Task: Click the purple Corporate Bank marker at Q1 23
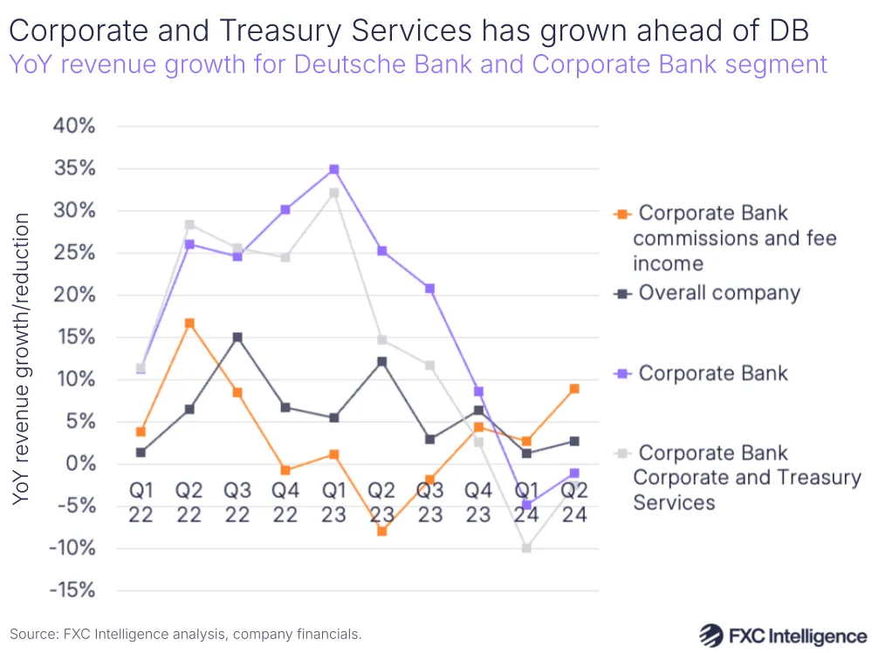coord(333,169)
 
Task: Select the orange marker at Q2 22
coord(189,323)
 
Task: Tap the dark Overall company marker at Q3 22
coord(237,337)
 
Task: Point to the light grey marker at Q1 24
coord(526,548)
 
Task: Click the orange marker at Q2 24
coord(574,389)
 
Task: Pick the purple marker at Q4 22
coord(285,209)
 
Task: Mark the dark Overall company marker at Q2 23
coord(381,362)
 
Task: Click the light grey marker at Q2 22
coord(189,225)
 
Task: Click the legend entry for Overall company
coord(718,293)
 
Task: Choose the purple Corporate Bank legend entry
coord(712,373)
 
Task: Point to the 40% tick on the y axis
coord(73,126)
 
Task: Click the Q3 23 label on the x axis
coord(429,502)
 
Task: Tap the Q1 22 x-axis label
coord(141,502)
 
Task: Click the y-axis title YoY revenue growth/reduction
coord(22,357)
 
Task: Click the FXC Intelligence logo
coord(783,634)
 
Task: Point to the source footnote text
coord(185,634)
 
